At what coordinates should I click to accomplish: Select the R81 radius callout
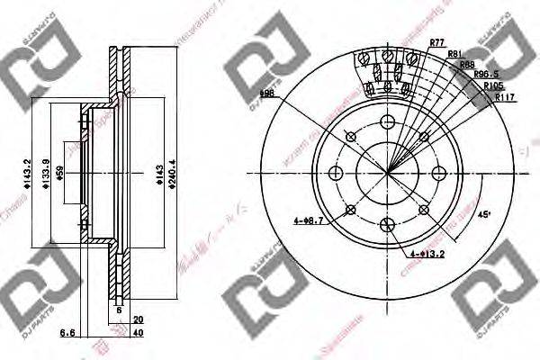coord(455,55)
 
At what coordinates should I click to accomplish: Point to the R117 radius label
coord(494,97)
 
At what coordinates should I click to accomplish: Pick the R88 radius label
coord(467,65)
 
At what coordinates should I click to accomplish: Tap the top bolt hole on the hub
coord(388,123)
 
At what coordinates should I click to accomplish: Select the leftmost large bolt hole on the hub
coord(336,174)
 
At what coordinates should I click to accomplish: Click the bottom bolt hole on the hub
coord(388,225)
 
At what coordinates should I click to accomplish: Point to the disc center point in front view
coord(388,174)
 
